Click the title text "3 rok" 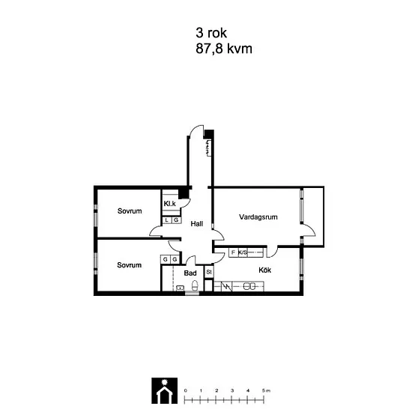coord(211,33)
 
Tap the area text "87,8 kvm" coord(224,49)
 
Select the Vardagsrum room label coord(258,217)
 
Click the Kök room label coord(265,270)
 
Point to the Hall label coord(197,224)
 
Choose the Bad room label coord(190,273)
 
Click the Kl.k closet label coord(169,204)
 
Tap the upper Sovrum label coord(130,211)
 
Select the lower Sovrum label coord(130,265)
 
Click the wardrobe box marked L coord(166,220)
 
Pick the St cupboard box coord(209,272)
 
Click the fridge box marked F coord(233,252)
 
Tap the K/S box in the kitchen coord(243,252)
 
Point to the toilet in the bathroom coord(195,285)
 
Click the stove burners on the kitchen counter coord(249,286)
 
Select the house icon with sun coord(165,391)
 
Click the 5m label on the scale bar coord(266,391)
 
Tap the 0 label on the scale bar coord(186,391)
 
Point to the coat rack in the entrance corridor coord(209,148)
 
